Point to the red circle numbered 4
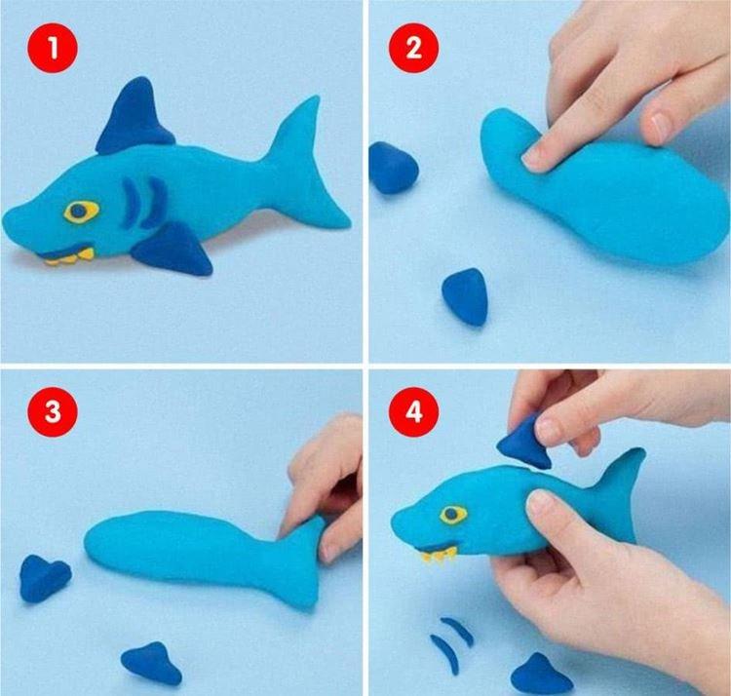point(414,411)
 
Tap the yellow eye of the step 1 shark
point(82,211)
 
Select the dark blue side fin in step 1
point(175,250)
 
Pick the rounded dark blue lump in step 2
point(394,168)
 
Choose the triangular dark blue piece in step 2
point(466,295)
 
